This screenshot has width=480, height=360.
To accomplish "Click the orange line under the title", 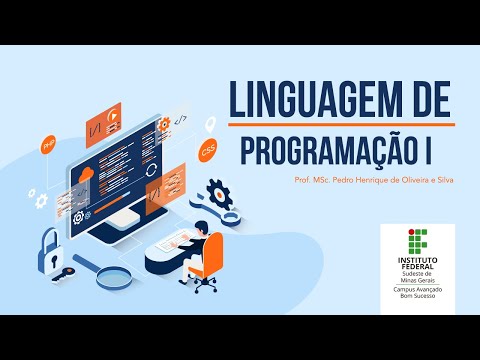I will tap(340, 124).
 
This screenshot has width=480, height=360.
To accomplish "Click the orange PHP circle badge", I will tap(47, 144).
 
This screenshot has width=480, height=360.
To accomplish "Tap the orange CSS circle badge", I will tap(207, 152).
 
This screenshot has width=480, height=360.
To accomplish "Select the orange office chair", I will tap(207, 263).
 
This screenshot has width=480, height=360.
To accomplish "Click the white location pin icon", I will tap(211, 125).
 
